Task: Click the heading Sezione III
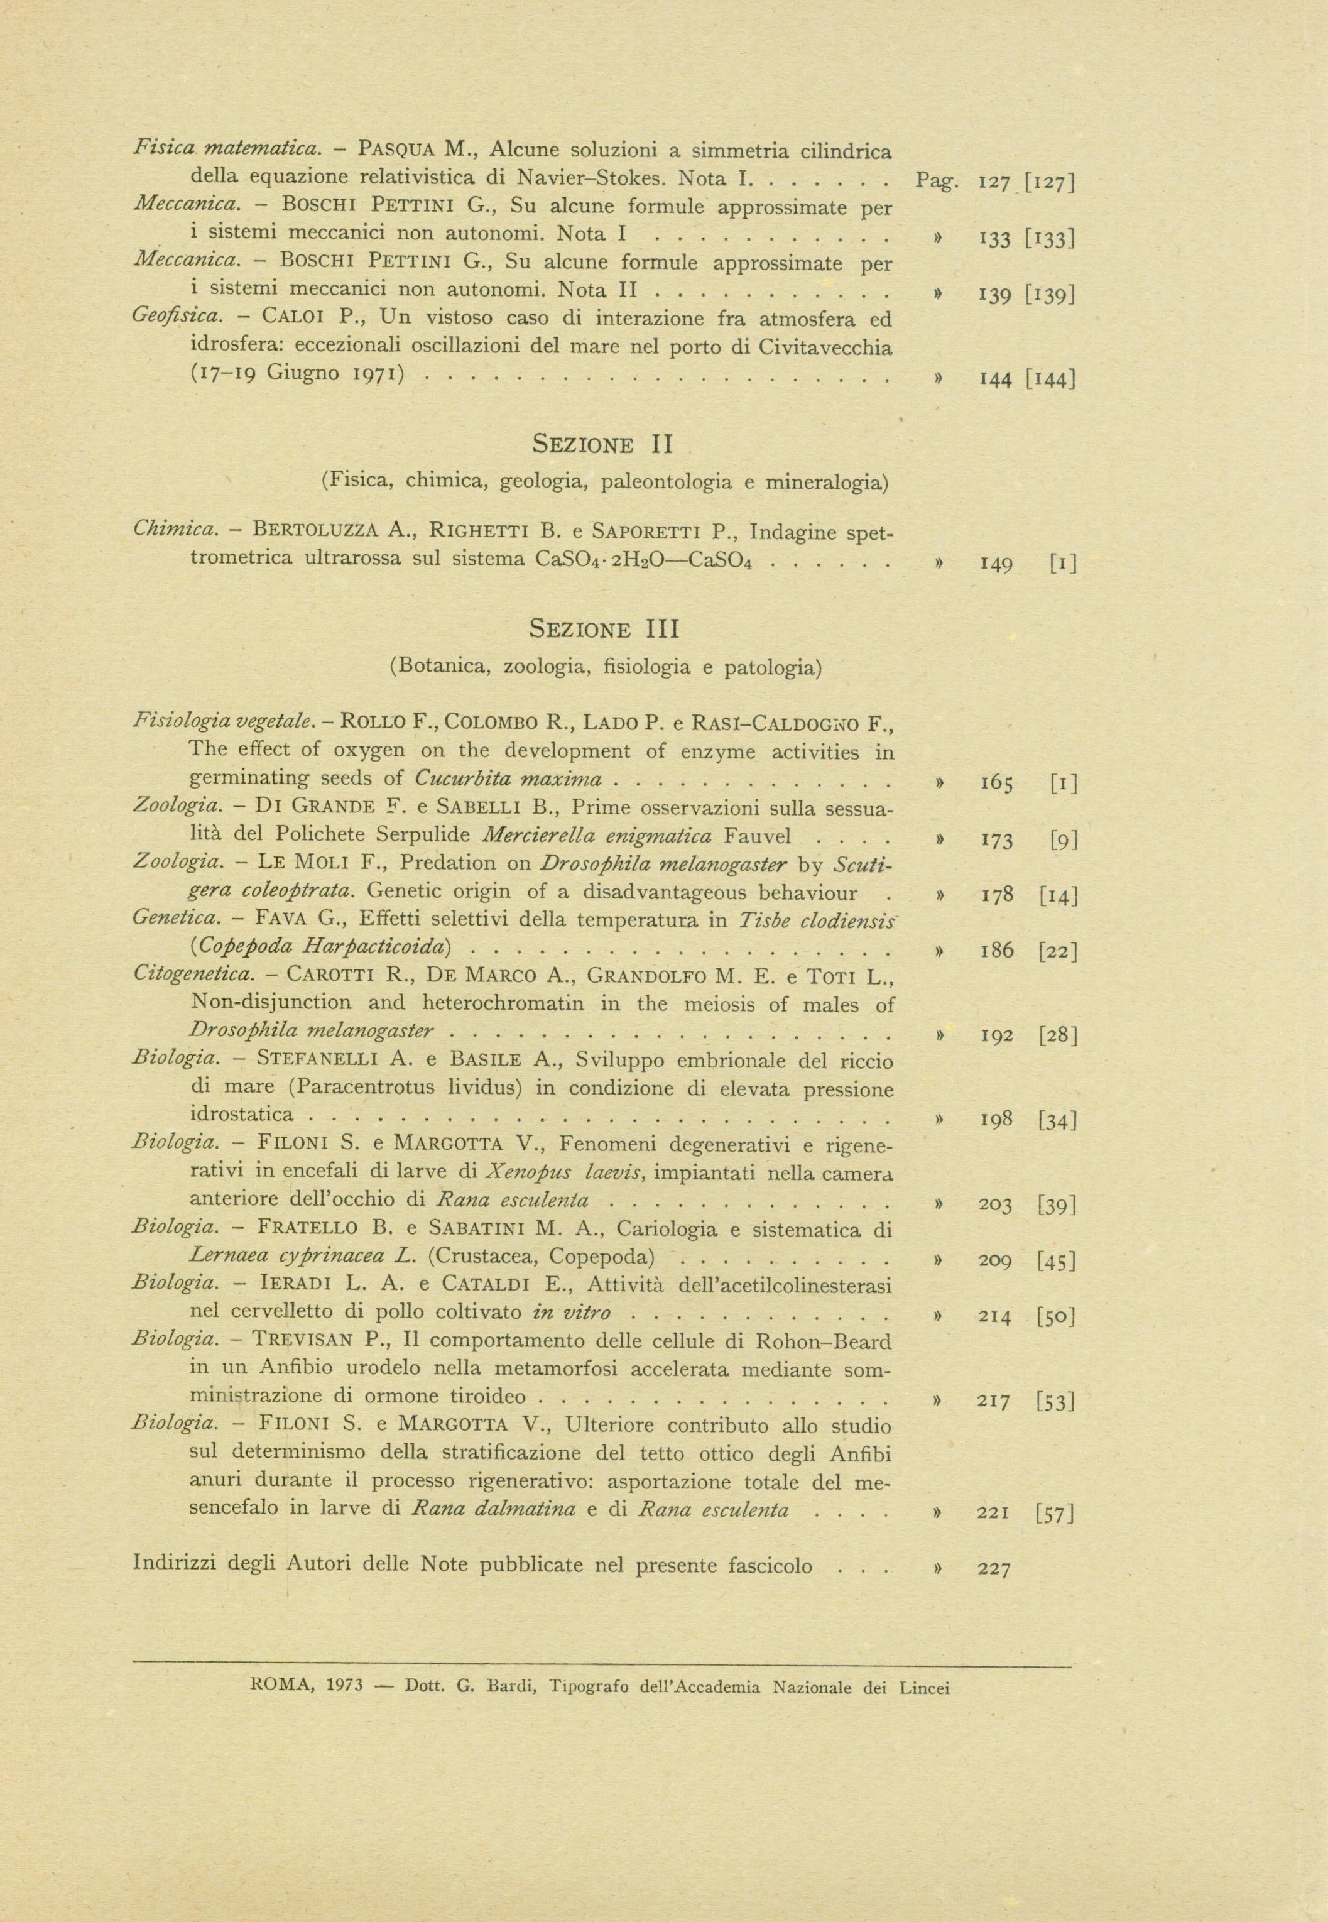[604, 629]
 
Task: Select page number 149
[995, 564]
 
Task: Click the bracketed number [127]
[1051, 182]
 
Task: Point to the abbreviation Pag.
[936, 180]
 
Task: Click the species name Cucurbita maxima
[508, 778]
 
